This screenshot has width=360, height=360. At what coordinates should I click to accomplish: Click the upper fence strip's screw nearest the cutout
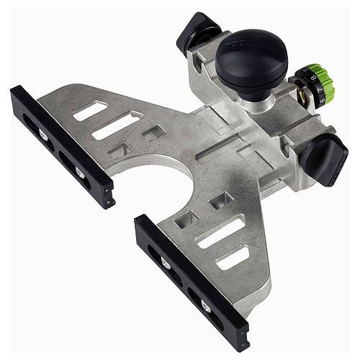click(x=80, y=171)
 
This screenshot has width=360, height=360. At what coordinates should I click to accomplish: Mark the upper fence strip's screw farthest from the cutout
click(x=43, y=134)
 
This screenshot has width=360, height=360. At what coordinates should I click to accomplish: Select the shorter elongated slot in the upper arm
click(x=90, y=110)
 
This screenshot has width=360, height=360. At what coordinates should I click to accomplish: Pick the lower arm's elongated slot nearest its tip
click(x=233, y=257)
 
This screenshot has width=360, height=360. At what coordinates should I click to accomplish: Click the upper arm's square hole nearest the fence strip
click(x=120, y=150)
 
